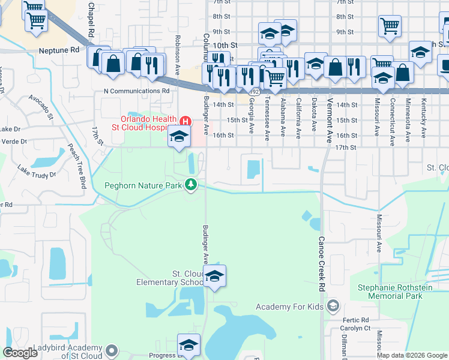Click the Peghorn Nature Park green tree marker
[191, 184]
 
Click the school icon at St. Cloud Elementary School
[214, 277]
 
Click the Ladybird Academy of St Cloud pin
[110, 349]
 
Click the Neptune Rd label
[58, 50]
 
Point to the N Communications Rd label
[137, 91]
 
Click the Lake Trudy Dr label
[36, 170]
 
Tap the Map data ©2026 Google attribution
[412, 355]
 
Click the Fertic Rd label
[357, 320]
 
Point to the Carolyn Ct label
[358, 329]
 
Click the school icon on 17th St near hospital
[178, 137]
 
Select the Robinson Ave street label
[177, 65]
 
